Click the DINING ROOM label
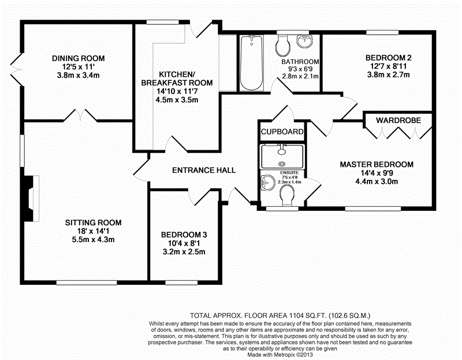[x=79, y=58]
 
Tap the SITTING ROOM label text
[x=93, y=222]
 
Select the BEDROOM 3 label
[x=184, y=235]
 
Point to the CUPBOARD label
[x=282, y=132]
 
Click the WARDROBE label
[x=398, y=120]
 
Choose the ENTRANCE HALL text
[x=204, y=170]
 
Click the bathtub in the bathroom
[x=251, y=63]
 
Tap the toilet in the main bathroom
[x=283, y=46]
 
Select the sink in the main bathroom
[x=305, y=41]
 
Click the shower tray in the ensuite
[x=282, y=157]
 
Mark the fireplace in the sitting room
[x=32, y=198]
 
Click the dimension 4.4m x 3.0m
[x=377, y=181]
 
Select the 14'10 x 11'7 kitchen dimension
[x=177, y=91]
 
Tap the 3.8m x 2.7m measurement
[x=388, y=75]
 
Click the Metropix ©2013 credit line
[x=280, y=355]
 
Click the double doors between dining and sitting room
[x=80, y=116]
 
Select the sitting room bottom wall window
[x=87, y=283]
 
